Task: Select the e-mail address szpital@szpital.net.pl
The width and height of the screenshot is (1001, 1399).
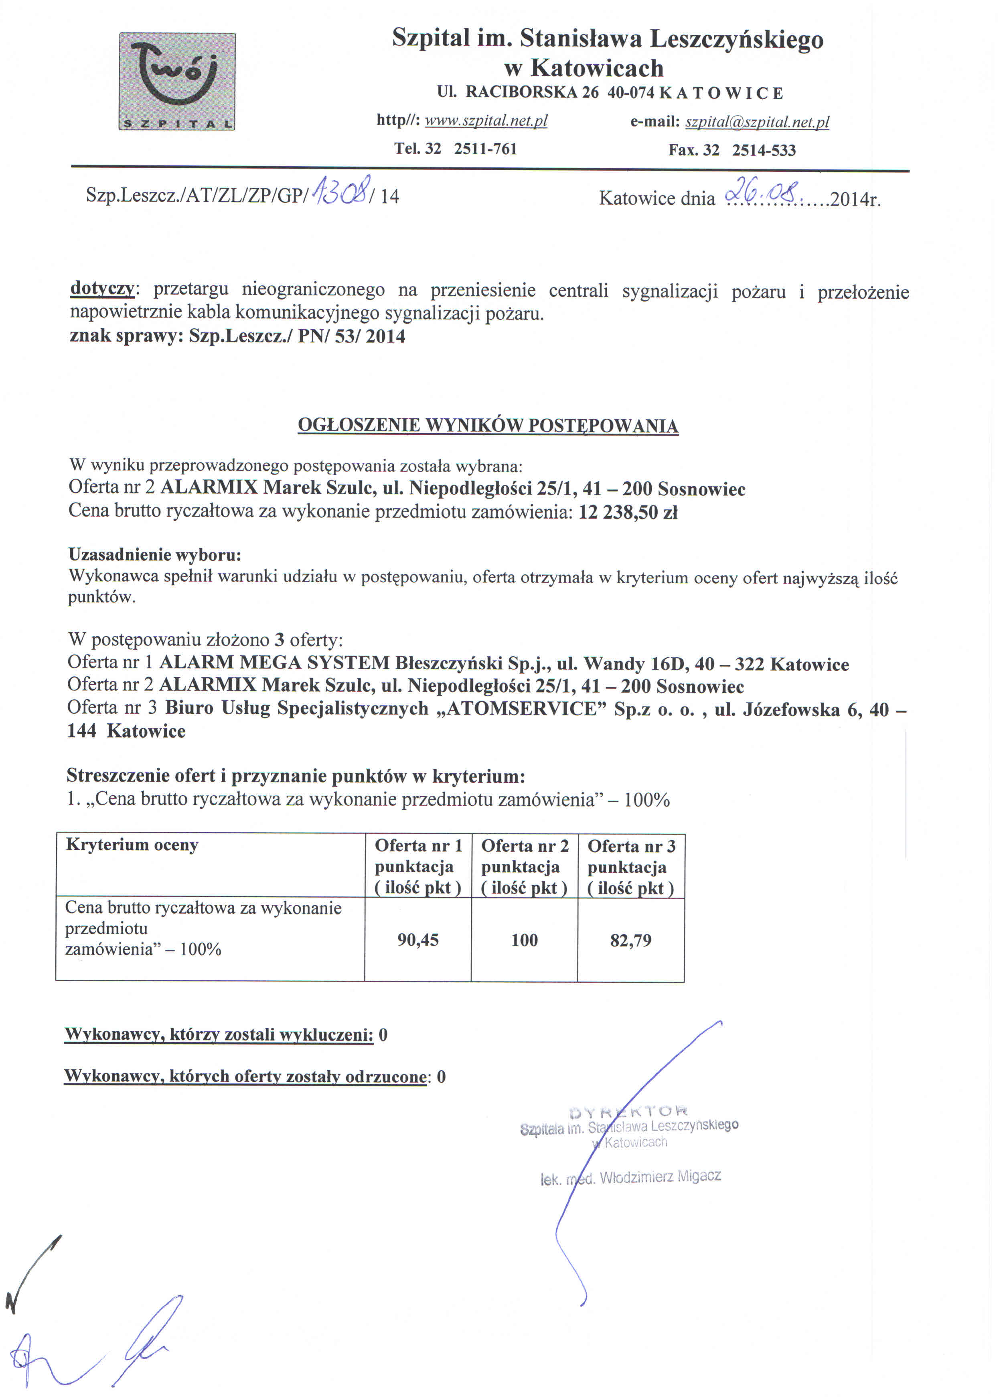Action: pos(757,122)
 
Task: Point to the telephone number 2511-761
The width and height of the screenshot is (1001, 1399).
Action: pos(485,149)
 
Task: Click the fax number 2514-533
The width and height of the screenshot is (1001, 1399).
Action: pos(764,151)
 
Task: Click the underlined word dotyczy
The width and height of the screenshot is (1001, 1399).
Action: pos(102,288)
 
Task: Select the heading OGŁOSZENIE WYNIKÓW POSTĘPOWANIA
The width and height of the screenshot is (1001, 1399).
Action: pos(488,426)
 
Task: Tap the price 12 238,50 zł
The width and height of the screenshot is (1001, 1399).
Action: pos(628,513)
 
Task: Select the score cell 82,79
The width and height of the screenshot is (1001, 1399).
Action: pos(630,941)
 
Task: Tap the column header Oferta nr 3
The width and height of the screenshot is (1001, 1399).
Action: pos(631,846)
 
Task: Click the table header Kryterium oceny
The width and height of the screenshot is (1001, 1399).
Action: pos(132,845)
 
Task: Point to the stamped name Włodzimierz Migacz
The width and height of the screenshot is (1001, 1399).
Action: pos(660,1177)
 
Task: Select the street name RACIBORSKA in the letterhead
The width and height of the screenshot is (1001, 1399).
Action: pos(521,92)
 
